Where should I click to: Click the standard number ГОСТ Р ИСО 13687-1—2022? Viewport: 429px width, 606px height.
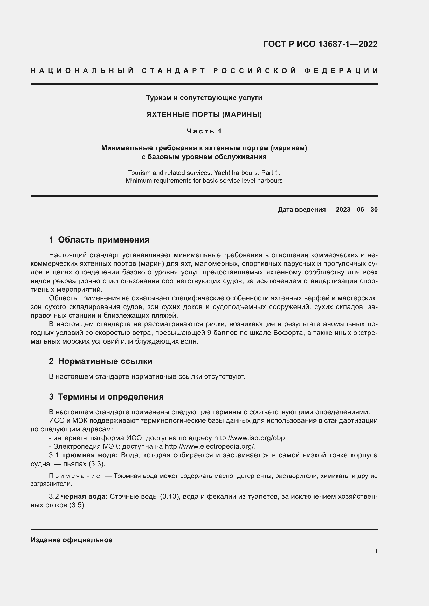[x=320, y=44]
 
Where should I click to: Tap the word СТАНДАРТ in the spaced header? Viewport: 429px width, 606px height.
[x=173, y=71]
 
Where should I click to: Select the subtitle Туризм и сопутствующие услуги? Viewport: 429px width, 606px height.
[x=204, y=98]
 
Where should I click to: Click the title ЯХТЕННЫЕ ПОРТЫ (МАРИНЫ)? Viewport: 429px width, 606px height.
[x=204, y=115]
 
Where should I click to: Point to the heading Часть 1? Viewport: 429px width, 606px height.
[x=204, y=131]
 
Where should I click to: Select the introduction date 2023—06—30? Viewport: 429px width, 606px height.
[x=356, y=210]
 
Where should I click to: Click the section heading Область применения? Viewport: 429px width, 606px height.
[x=103, y=240]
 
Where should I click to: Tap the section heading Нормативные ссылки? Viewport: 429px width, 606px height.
[x=105, y=361]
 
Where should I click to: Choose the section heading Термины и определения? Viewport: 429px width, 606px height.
[x=111, y=397]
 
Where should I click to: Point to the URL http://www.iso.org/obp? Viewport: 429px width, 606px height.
[x=250, y=438]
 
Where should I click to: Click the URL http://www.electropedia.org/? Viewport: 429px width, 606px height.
[x=210, y=447]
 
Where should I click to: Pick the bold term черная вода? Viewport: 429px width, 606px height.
[x=84, y=496]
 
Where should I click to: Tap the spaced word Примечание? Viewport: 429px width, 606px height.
[x=74, y=476]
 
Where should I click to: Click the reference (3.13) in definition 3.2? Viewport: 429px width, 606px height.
[x=168, y=496]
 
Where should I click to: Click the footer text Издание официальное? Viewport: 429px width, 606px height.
[x=71, y=540]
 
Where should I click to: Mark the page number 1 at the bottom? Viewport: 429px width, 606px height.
[x=376, y=551]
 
